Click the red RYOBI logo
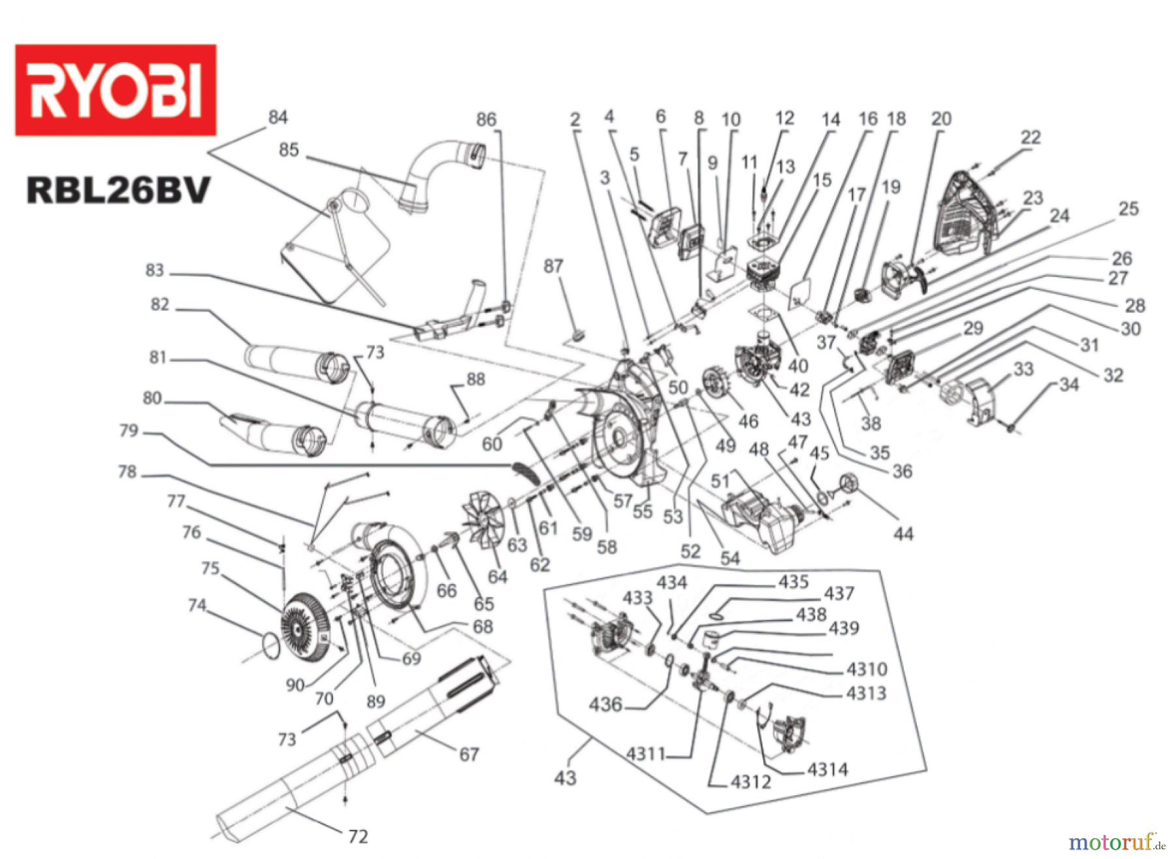(x=115, y=90)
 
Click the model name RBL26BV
(x=119, y=190)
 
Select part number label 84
(x=278, y=117)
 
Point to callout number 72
(x=358, y=836)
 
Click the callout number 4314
(x=828, y=770)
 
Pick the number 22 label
(x=1030, y=138)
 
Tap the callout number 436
(x=605, y=704)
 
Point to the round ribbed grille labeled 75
(x=305, y=628)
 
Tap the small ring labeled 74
(x=272, y=644)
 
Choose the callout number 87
(x=553, y=267)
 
